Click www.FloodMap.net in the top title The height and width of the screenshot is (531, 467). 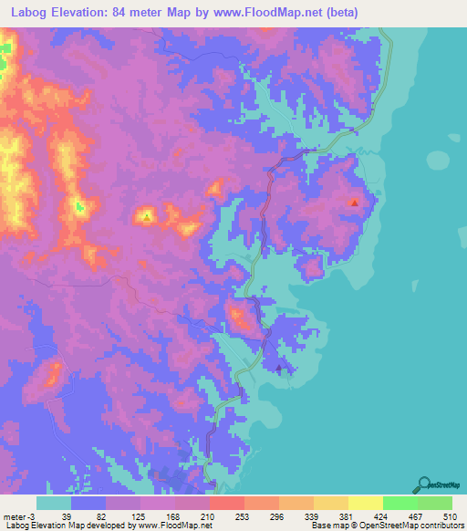click(x=269, y=13)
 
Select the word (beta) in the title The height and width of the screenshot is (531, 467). click(x=335, y=13)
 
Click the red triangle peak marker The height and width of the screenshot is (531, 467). click(x=354, y=203)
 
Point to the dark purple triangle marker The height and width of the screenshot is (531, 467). click(x=279, y=368)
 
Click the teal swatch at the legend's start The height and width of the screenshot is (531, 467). click(x=54, y=503)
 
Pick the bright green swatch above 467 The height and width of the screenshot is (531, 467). click(x=400, y=503)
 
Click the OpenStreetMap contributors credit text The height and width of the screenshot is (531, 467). click(x=401, y=525)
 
